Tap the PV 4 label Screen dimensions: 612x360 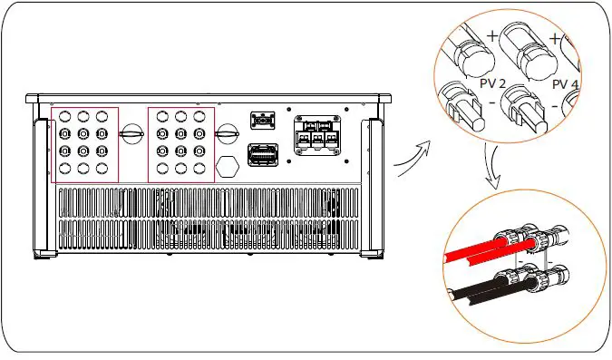(565, 83)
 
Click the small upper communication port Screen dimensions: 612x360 (262, 120)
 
